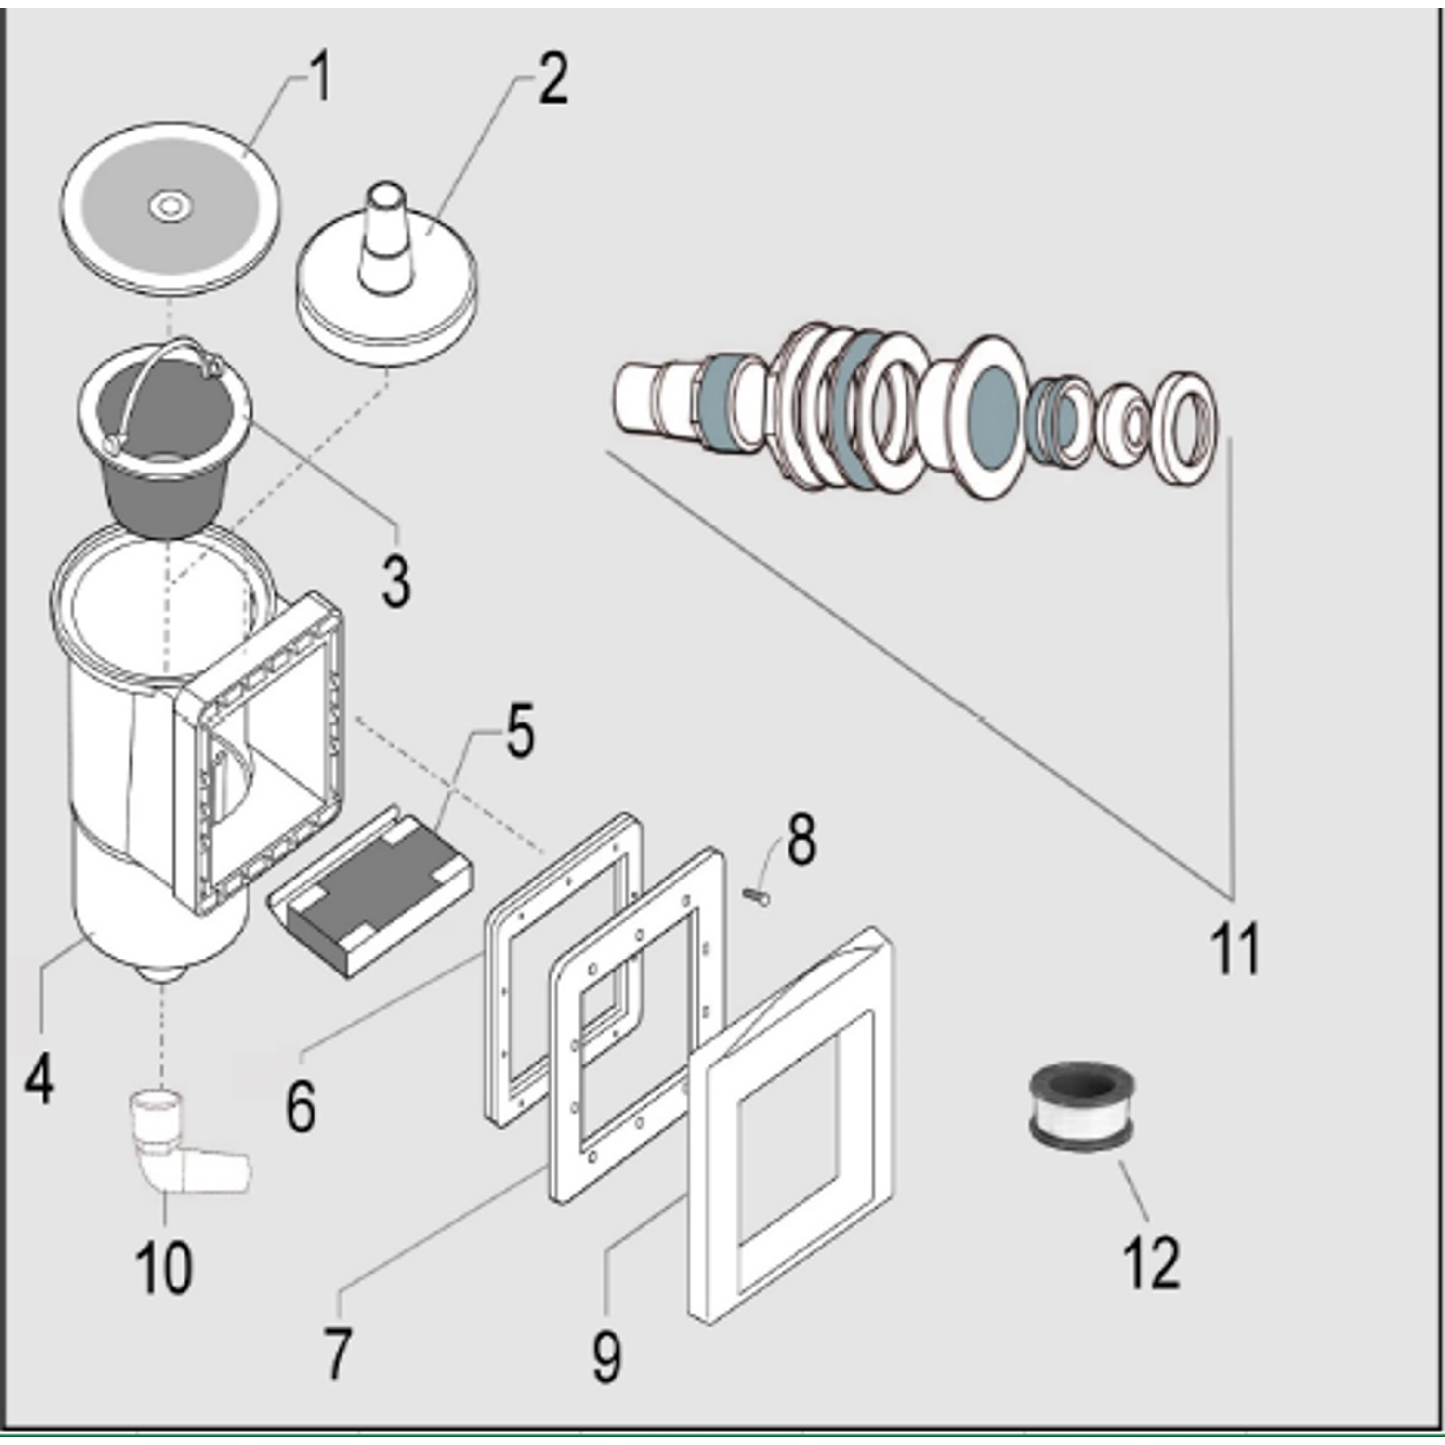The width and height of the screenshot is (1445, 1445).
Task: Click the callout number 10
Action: coord(164,1268)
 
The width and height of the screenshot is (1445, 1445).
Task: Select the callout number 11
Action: coord(1235,948)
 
